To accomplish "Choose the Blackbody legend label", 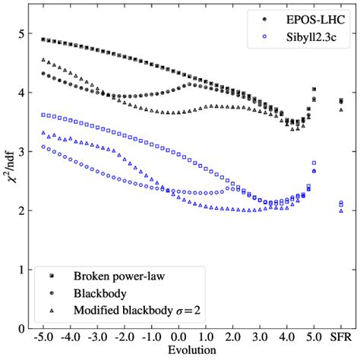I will (x=100, y=292).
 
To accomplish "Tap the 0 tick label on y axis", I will (x=23, y=328).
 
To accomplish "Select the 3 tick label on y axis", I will (x=23, y=151).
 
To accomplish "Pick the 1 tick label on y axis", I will (x=23, y=269).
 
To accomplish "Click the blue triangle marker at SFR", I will (x=341, y=210).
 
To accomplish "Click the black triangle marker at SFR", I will (x=341, y=110).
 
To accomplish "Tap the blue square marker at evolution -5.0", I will (x=43, y=115).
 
